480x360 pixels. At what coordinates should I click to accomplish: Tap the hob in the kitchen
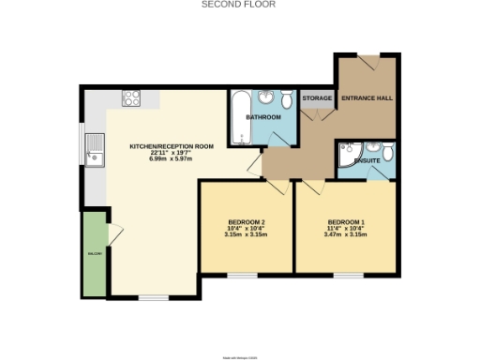130,97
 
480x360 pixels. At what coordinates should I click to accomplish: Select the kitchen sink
95,149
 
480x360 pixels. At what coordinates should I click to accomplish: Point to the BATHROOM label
262,117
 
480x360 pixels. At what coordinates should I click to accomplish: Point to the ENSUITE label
367,161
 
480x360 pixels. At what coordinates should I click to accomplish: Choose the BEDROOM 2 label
247,221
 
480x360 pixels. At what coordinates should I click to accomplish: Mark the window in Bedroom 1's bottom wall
348,275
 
